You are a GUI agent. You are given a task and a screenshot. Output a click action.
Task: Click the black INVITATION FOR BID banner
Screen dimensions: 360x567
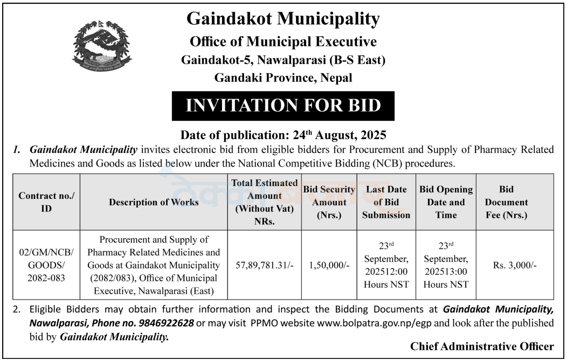283,106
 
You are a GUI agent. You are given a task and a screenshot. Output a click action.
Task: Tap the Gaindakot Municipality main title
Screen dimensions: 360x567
283,19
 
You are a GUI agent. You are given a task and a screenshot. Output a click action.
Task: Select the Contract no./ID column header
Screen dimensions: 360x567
46,202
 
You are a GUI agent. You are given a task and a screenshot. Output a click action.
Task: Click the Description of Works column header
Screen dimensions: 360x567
154,202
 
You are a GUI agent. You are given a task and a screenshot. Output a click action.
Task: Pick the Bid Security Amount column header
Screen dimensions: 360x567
329,202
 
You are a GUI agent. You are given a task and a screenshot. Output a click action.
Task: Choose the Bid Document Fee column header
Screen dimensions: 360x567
506,202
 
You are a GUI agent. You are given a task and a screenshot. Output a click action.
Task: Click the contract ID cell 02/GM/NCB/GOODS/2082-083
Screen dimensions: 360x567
46,265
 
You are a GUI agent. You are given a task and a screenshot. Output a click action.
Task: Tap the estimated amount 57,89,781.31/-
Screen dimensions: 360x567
264,265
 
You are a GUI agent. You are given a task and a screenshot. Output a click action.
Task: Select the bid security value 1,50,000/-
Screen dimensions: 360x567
329,265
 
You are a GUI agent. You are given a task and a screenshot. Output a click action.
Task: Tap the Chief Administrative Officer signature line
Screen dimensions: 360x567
481,347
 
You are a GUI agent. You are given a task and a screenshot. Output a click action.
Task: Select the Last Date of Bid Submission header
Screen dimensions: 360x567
386,202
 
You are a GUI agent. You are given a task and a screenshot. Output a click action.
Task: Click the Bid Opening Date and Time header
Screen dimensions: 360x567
446,202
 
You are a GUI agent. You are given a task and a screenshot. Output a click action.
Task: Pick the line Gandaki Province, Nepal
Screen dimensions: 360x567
283,78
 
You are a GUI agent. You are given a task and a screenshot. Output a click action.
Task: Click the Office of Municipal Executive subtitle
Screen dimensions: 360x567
283,41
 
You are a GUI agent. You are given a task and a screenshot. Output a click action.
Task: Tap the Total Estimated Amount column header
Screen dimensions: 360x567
264,202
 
